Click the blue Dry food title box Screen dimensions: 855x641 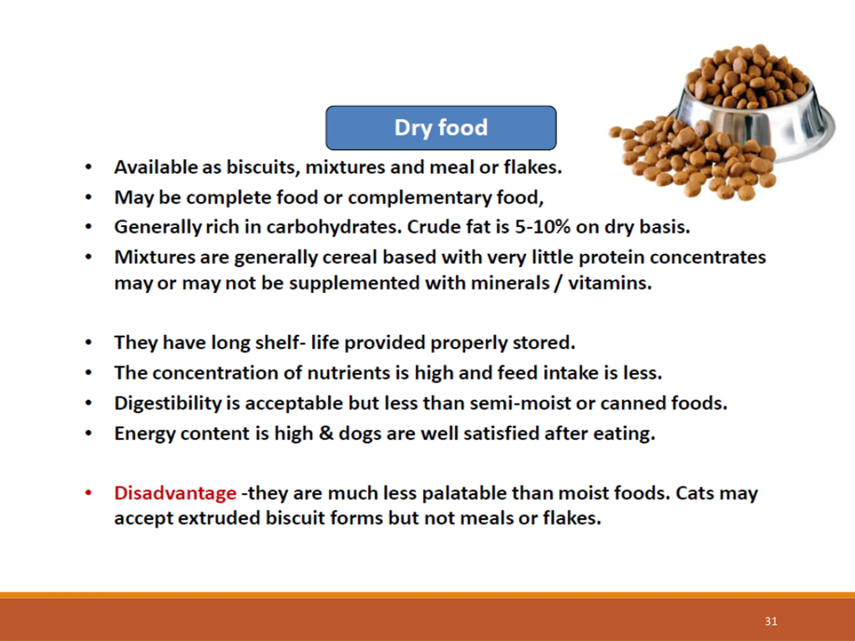tap(441, 128)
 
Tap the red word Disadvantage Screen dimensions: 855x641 tap(175, 493)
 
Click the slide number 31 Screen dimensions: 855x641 tap(771, 621)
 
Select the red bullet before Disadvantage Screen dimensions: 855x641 tap(89, 493)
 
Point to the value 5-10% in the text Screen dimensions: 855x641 tap(542, 227)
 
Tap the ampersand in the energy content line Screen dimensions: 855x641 tap(326, 433)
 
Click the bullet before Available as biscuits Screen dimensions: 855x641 tap(89, 167)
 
